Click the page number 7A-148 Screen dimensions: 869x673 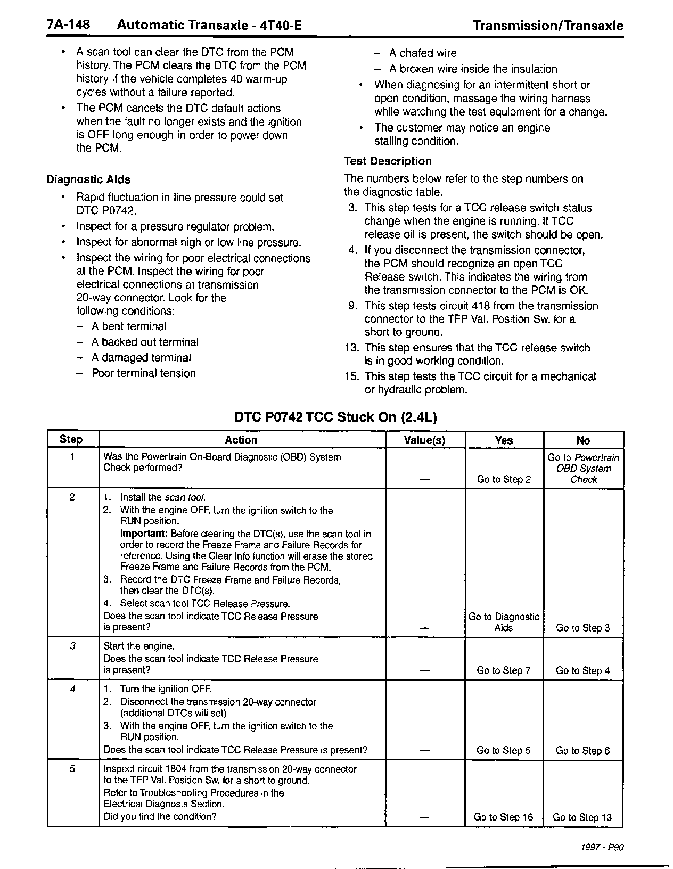coord(68,25)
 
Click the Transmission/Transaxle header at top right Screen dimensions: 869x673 coord(548,26)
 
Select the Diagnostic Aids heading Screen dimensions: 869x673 coord(88,179)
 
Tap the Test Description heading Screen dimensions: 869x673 coord(388,161)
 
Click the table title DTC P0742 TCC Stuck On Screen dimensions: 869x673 coord(335,417)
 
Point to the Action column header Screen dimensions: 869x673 coord(241,440)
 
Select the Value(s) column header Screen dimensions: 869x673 coord(424,440)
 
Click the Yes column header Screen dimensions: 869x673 coord(504,440)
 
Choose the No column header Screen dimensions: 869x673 coord(583,440)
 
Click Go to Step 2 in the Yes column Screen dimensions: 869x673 coord(504,479)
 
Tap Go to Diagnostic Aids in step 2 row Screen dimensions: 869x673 coord(504,622)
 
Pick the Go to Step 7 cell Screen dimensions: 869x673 coord(504,670)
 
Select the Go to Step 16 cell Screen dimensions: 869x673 coord(503,817)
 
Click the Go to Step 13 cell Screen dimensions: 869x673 coord(582,817)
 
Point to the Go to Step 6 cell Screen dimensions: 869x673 coord(582,751)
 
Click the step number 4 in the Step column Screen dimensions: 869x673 coord(73,689)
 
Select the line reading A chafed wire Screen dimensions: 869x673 coord(423,53)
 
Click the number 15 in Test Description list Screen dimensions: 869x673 coord(351,376)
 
